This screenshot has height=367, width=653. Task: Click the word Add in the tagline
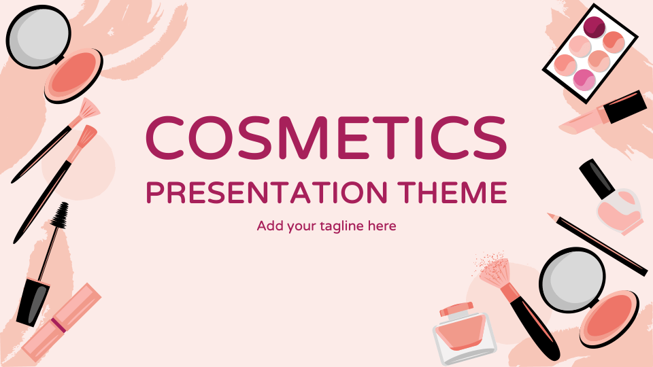[269, 226]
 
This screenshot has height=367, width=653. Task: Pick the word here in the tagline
[382, 226]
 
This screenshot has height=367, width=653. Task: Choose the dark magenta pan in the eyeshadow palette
[595, 27]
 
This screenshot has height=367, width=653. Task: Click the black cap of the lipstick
[625, 107]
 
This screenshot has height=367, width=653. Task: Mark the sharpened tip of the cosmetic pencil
[551, 216]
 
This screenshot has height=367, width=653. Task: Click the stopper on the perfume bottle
[455, 309]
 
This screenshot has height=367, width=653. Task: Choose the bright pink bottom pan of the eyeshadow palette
[584, 80]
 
